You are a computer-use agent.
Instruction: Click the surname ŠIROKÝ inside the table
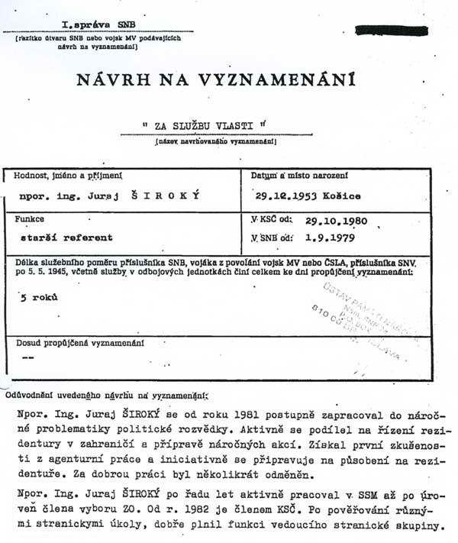coord(173,196)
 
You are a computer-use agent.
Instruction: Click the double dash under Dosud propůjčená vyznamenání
coord(30,357)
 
